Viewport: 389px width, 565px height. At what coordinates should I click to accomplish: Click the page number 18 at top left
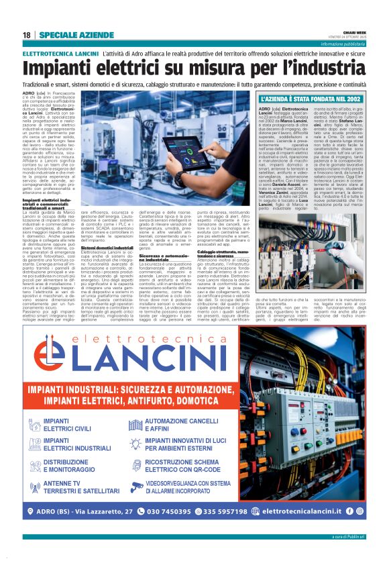tap(26, 35)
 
